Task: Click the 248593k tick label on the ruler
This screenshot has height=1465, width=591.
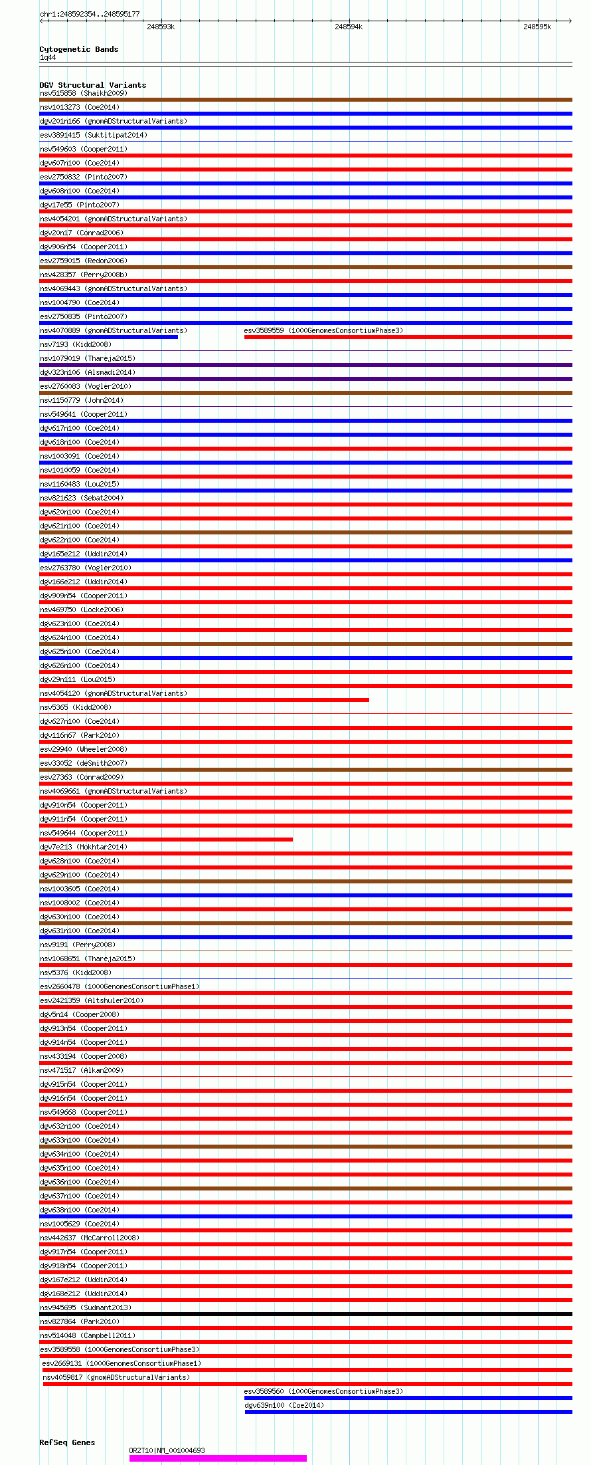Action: click(x=160, y=27)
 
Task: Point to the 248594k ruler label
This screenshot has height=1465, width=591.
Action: click(x=349, y=27)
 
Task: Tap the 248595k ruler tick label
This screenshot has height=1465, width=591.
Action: click(x=537, y=27)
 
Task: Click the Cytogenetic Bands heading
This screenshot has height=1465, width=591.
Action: click(x=78, y=49)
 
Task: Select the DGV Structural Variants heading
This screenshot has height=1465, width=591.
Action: click(x=92, y=85)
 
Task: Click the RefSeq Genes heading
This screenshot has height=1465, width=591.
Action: click(x=67, y=1442)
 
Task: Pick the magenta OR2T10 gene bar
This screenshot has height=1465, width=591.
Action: click(x=218, y=1458)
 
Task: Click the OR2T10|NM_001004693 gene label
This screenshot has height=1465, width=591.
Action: click(x=167, y=1450)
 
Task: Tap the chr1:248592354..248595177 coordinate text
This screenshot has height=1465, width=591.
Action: click(x=90, y=14)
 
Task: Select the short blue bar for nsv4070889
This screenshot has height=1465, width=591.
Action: click(x=108, y=337)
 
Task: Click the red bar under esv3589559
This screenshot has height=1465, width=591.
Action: click(x=408, y=337)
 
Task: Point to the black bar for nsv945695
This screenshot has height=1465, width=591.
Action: click(x=305, y=1314)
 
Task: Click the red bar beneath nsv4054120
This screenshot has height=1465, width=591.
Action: click(x=204, y=700)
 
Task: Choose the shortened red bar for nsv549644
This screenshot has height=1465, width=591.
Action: click(x=166, y=840)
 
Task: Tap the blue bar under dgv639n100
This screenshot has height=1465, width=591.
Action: click(x=408, y=1412)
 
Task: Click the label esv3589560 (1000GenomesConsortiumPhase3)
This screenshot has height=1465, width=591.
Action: click(x=323, y=1391)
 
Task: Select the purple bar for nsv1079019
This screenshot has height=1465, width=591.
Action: click(x=305, y=365)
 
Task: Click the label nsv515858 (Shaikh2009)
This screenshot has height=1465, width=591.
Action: click(x=83, y=93)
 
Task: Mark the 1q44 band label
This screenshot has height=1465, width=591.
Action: click(x=48, y=58)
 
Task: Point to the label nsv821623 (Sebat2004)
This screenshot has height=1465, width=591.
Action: click(x=82, y=498)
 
